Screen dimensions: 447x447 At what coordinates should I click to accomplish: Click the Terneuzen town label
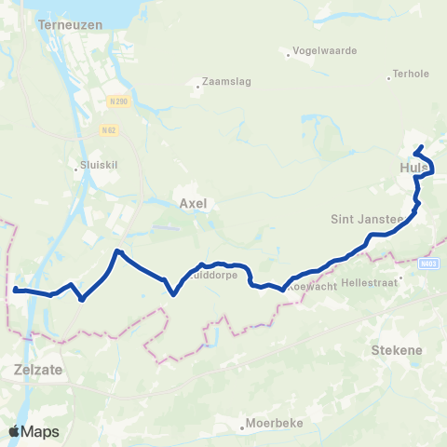click(x=64, y=25)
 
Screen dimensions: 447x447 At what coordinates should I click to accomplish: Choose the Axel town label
click(x=192, y=201)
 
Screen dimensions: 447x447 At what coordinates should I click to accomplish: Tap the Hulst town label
click(x=412, y=169)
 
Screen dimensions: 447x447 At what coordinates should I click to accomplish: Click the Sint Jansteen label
click(x=366, y=220)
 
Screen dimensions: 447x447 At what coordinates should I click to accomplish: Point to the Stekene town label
click(x=397, y=350)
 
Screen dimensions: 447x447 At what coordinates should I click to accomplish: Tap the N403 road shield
click(x=429, y=264)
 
